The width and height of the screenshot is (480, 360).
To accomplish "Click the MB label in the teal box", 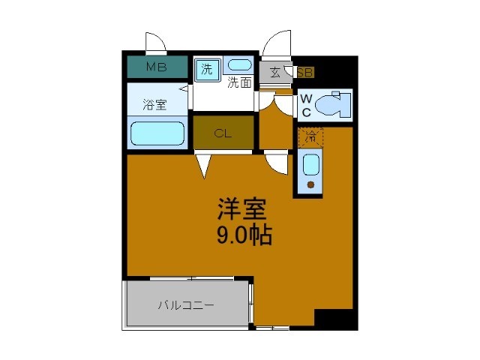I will coord(156,67).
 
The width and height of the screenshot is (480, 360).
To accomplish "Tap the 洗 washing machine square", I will coord(205,69).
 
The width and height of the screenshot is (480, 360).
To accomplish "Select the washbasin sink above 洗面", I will coord(239,66).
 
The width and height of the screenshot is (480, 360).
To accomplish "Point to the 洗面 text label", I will coord(239,82).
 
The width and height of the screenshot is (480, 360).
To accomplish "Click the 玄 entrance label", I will coord(275,73).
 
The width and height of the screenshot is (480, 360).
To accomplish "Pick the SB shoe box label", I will coord(305,73).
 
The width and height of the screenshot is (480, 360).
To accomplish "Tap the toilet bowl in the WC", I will coord(333,106).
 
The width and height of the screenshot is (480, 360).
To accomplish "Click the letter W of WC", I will coord(306,98).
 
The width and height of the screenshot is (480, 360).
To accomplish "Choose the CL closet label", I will coord(223,134).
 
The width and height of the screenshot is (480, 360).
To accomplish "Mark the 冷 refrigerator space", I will coord(310,137).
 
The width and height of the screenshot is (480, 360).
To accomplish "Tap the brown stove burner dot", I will coord(310,184).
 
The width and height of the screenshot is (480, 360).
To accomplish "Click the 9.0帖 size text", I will coord(244,235).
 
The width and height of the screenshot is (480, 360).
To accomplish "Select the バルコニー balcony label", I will coord(186,305).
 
